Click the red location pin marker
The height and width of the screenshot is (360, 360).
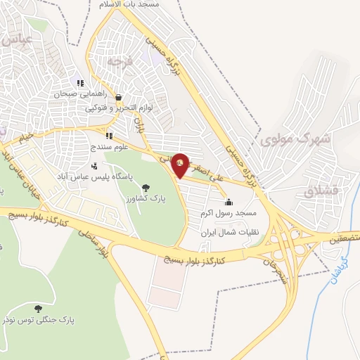tap(181, 164)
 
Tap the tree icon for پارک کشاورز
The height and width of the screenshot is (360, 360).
tap(146, 187)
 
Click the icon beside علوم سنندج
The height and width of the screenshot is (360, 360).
tap(109, 136)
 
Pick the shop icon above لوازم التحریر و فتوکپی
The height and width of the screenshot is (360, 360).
tap(118, 97)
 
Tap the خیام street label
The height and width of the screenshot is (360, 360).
tap(25, 136)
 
